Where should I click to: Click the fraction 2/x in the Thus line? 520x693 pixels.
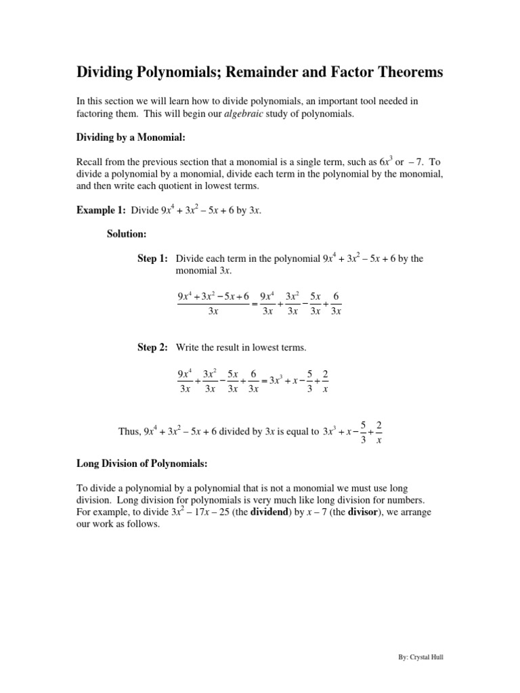click(x=378, y=432)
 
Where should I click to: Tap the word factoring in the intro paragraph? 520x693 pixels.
click(x=95, y=114)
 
